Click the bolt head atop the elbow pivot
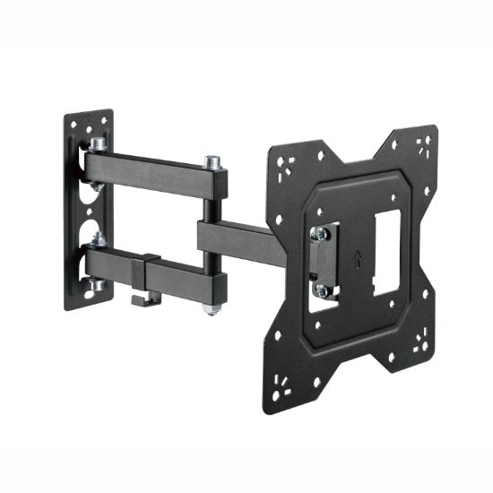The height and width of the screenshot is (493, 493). click(x=212, y=162)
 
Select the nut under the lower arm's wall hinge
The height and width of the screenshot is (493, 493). click(x=95, y=285)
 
